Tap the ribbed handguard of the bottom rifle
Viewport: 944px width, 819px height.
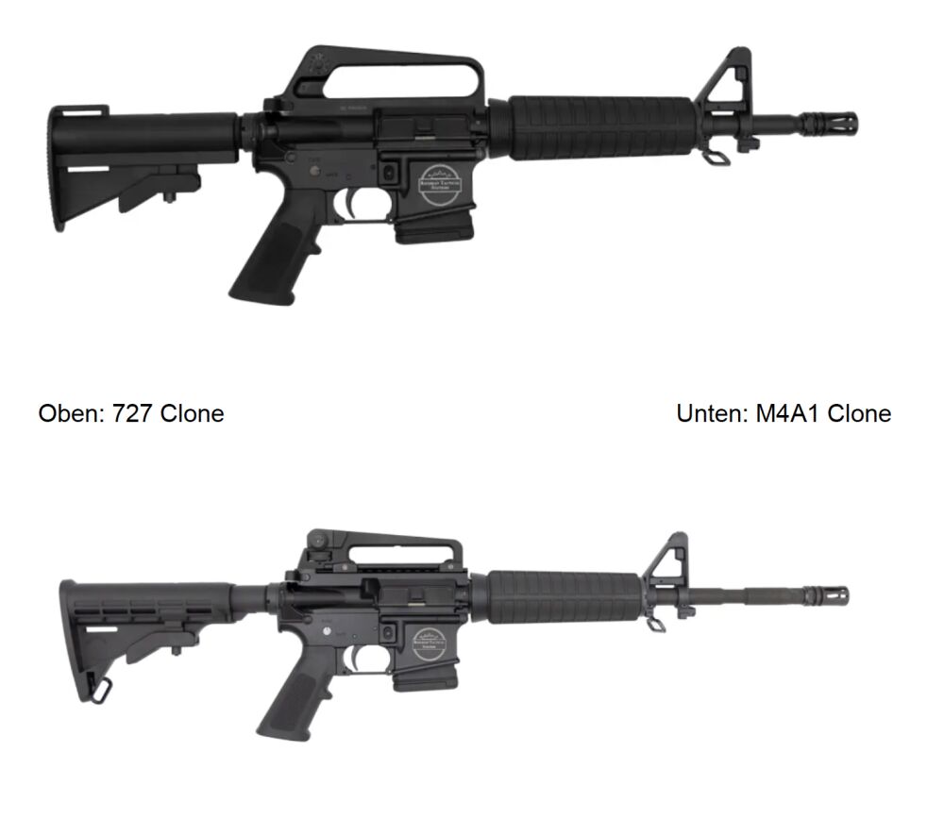pyautogui.click(x=564, y=598)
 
